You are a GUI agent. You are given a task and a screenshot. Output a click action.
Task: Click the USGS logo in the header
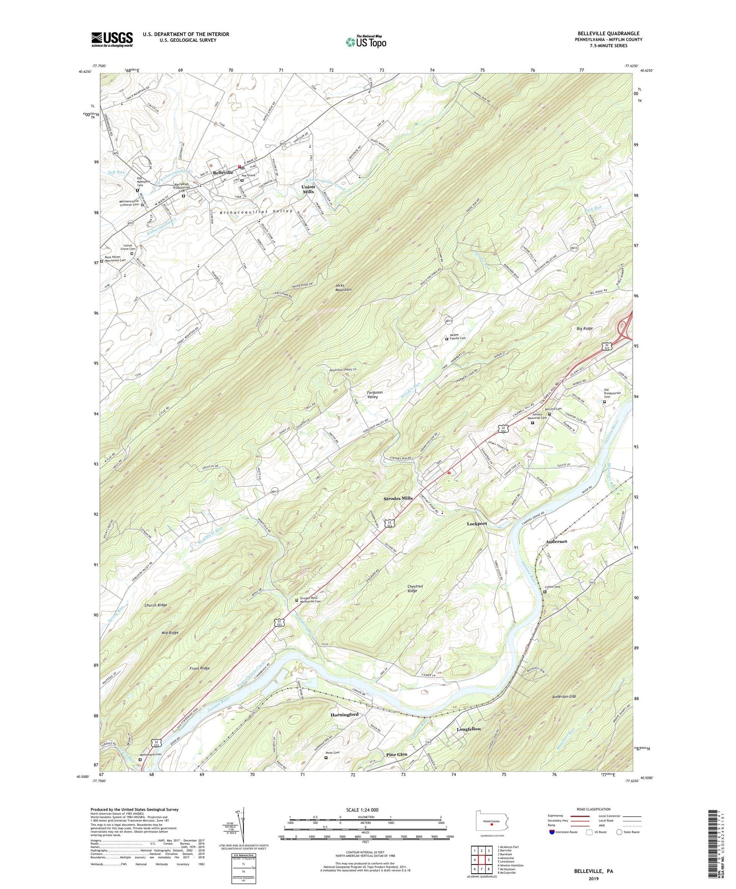pos(112,39)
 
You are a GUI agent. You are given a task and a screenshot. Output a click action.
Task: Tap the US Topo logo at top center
pos(366,41)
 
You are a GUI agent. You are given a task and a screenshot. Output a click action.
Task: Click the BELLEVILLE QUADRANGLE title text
pos(608,34)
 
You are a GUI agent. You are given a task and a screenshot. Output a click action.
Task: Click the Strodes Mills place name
pos(398,498)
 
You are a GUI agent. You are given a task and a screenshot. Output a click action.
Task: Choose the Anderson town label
pos(556,541)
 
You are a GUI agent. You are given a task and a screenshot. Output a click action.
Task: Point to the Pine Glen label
pos(397,754)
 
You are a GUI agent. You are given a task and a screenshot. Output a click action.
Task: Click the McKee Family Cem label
pos(458,336)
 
